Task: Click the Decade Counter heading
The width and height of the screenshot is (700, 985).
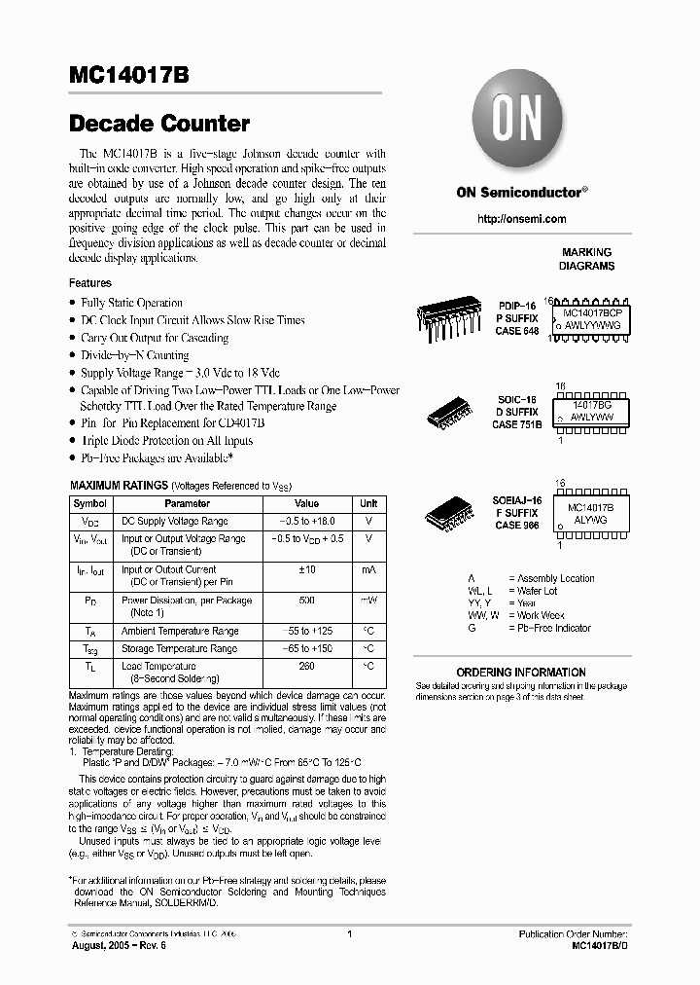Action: coord(159,124)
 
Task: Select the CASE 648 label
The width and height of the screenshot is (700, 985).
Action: coord(516,332)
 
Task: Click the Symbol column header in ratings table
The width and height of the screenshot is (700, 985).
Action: coord(90,504)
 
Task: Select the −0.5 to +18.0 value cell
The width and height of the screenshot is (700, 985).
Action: coord(306,522)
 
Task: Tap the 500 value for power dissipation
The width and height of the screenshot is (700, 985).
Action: coord(306,601)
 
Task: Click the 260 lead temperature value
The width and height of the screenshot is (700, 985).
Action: coord(306,666)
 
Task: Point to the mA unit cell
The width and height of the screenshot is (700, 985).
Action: coord(368,569)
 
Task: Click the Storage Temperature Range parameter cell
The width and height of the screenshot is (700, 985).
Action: coord(179,648)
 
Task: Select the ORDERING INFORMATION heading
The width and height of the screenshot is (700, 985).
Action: coord(521,672)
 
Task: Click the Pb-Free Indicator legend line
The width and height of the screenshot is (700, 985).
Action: coord(554,629)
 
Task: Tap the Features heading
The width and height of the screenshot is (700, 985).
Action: coord(89,283)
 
